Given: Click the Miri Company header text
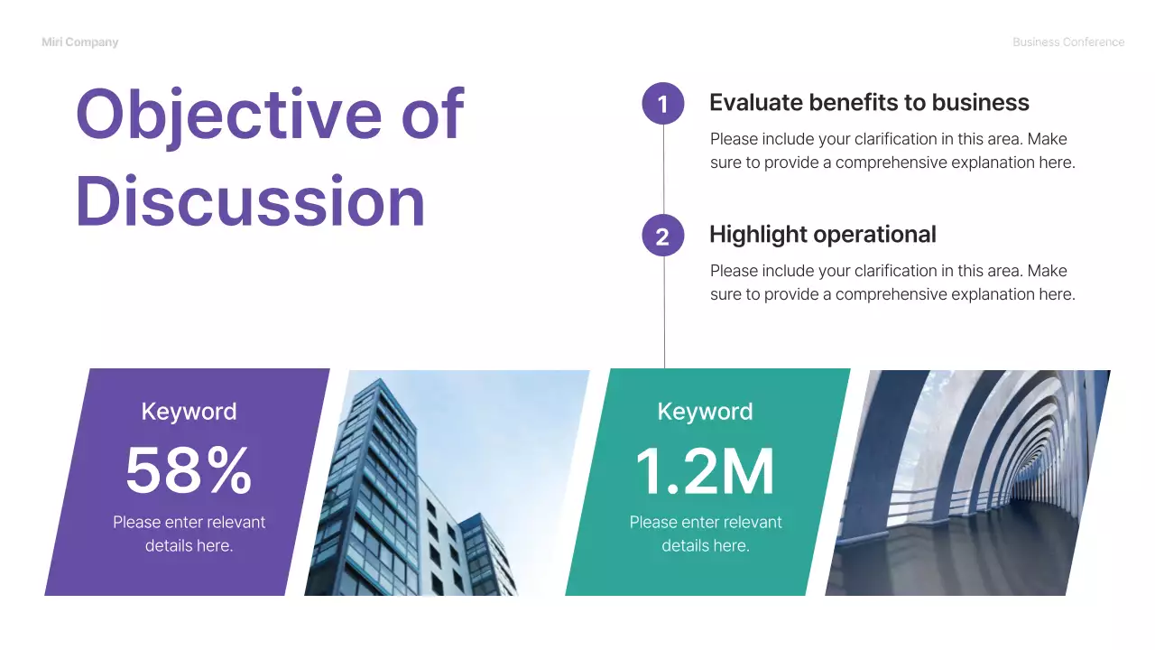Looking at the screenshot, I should click(x=79, y=42).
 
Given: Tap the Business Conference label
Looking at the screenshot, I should click(x=1068, y=42).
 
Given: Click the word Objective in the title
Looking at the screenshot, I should click(x=229, y=116).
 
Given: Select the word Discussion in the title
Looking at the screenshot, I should click(x=250, y=201).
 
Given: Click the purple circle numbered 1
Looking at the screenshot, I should click(x=663, y=104).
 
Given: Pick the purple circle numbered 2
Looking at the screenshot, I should click(x=663, y=236).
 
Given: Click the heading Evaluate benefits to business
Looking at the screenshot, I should click(x=869, y=103).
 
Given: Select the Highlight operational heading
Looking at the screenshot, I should click(x=822, y=235).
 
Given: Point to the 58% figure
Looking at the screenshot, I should click(x=189, y=470).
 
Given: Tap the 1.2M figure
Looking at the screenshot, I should click(x=705, y=470).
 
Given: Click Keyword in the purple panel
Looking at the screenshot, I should click(x=189, y=412).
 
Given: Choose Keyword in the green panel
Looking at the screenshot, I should click(x=705, y=412).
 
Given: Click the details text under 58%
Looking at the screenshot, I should click(x=189, y=534).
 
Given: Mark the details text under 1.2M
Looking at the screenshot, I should click(x=705, y=534).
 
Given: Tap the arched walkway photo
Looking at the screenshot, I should click(x=966, y=483).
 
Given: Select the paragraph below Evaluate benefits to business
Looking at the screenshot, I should click(x=892, y=151).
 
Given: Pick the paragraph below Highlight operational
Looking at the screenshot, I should click(x=892, y=283).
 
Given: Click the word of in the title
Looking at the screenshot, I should click(x=430, y=116).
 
